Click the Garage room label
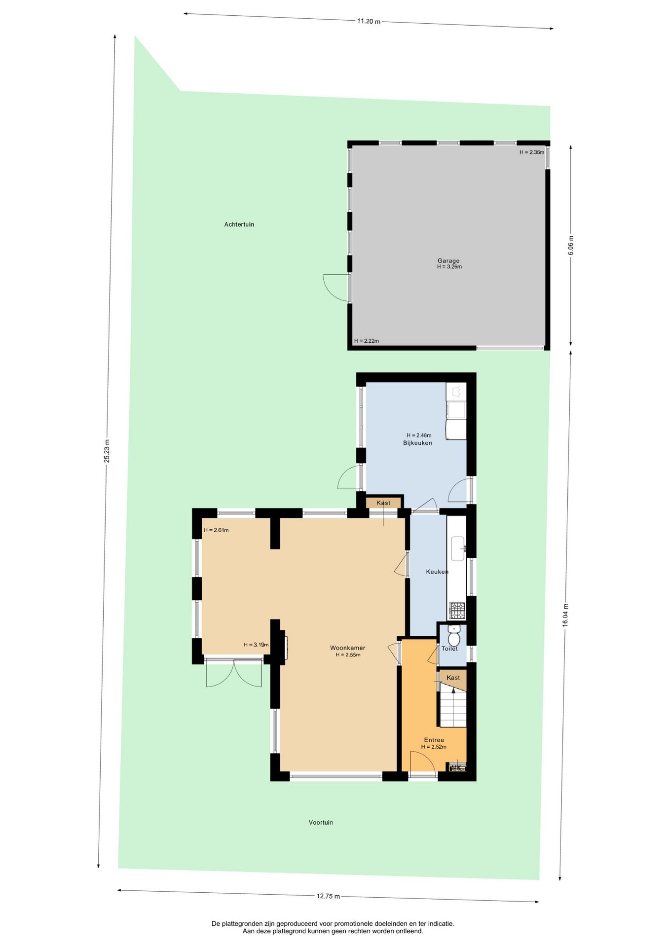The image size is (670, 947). pyautogui.click(x=448, y=260)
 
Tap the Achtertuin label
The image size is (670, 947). pyautogui.click(x=239, y=224)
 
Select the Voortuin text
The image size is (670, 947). pyautogui.click(x=321, y=822)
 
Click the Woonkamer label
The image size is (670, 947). pyautogui.click(x=347, y=648)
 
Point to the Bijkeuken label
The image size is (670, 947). pyautogui.click(x=417, y=443)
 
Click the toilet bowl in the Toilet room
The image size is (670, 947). pyautogui.click(x=454, y=638)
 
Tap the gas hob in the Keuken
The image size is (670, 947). pyautogui.click(x=457, y=611)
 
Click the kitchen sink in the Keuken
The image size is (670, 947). pyautogui.click(x=458, y=548)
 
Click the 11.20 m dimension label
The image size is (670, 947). pyautogui.click(x=369, y=21)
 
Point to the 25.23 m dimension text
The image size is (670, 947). pyautogui.click(x=107, y=451)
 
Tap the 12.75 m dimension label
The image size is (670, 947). pyautogui.click(x=328, y=896)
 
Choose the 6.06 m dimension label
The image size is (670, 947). pyautogui.click(x=571, y=245)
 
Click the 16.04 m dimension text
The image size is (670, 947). pyautogui.click(x=565, y=615)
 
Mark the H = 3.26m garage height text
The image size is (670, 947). pyautogui.click(x=449, y=267)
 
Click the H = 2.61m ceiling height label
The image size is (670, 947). pyautogui.click(x=216, y=530)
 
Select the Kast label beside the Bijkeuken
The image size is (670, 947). pyautogui.click(x=383, y=503)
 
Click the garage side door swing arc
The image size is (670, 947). pyautogui.click(x=335, y=288)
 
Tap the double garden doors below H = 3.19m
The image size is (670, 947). pyautogui.click(x=233, y=673)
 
